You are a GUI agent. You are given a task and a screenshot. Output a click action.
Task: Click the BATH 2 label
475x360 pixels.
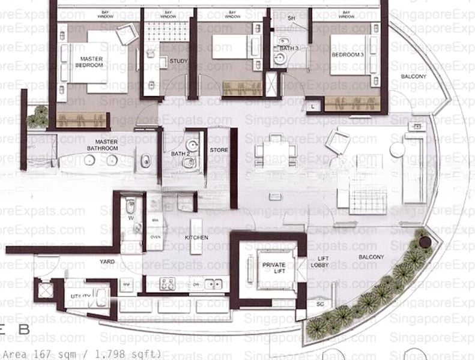point(180,154)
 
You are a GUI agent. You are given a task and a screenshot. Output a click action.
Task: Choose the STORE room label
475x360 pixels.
point(219,149)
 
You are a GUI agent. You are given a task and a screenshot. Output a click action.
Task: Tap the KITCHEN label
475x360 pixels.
point(196,238)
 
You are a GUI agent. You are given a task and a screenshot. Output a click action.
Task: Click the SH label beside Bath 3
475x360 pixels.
point(291,19)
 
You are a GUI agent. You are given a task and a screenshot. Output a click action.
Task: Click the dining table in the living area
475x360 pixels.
point(275,155)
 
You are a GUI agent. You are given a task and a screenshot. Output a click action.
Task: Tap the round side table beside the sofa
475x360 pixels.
point(397,149)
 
